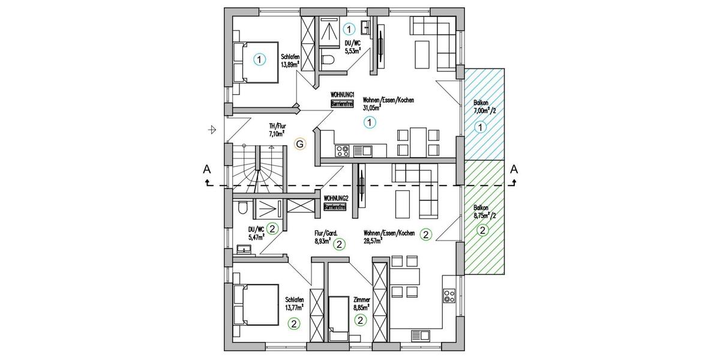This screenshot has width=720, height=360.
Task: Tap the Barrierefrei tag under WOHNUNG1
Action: point(341,104)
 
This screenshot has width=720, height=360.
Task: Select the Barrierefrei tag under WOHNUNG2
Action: point(334,207)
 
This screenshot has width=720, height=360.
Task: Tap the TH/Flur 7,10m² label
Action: point(277,130)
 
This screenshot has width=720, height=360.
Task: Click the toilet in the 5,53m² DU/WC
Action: point(327,59)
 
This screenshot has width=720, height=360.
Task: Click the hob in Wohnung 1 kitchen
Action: point(343,151)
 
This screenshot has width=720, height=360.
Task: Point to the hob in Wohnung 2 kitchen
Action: point(449,295)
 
